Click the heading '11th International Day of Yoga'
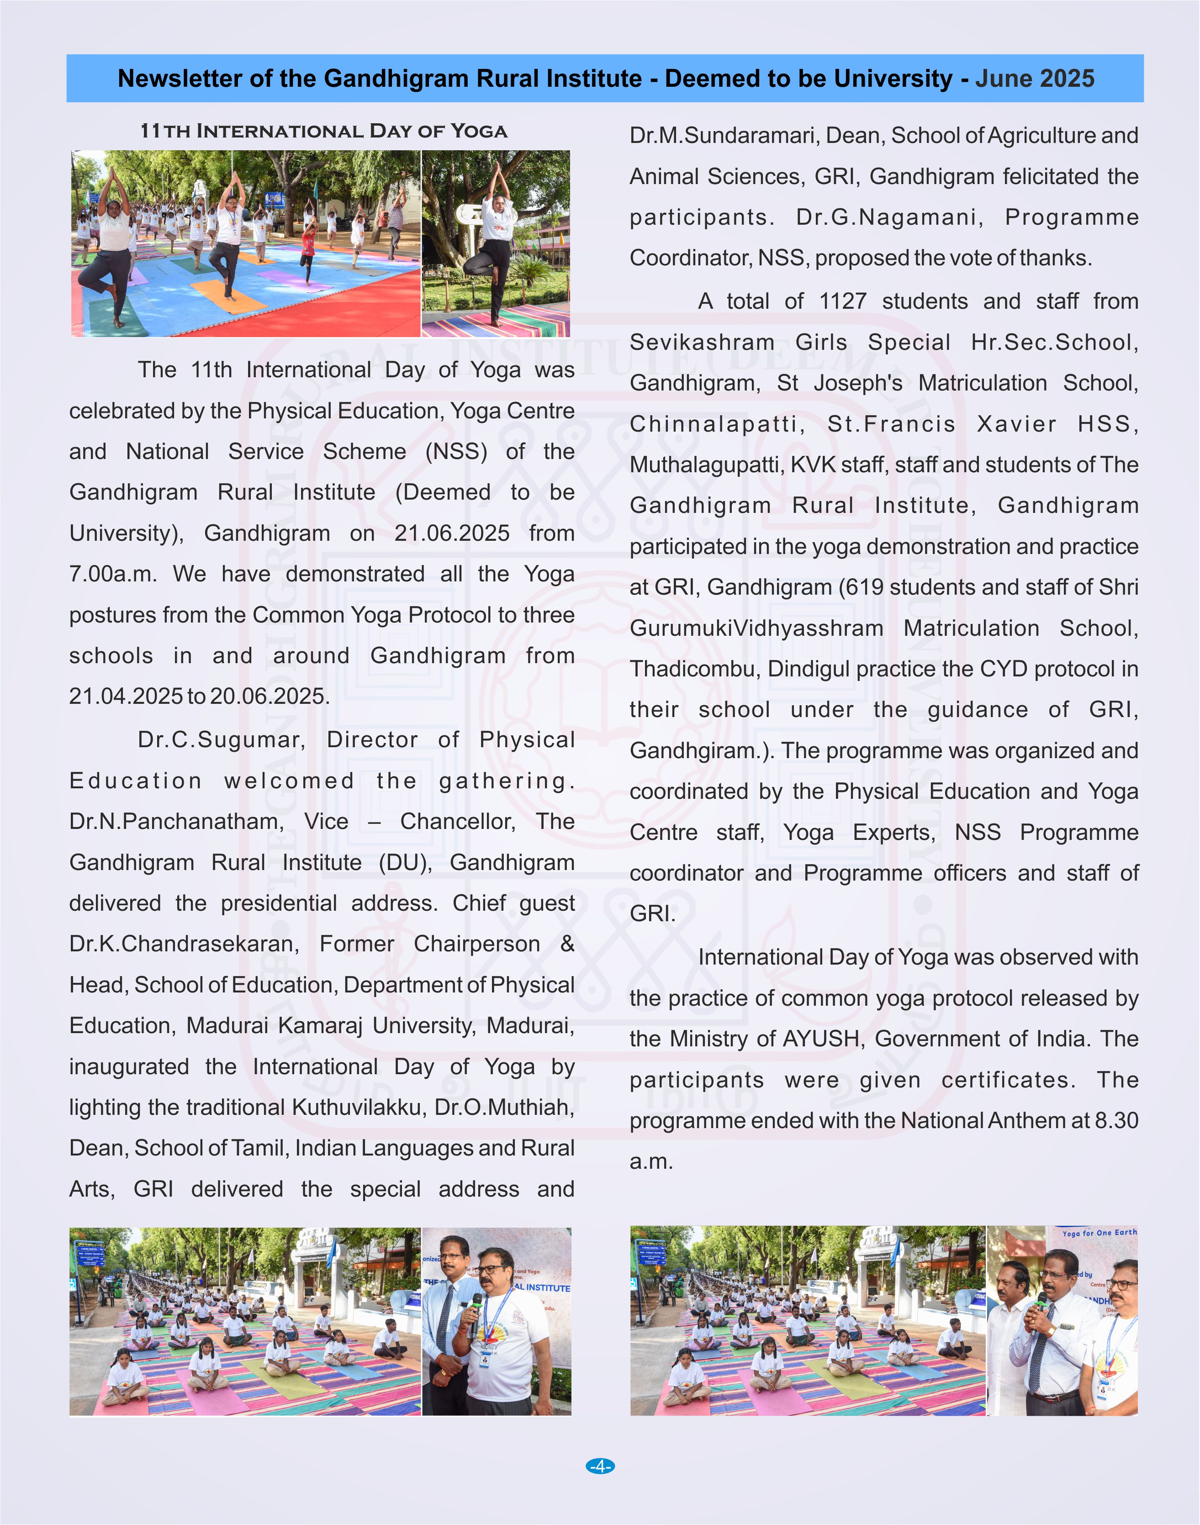pos(323,132)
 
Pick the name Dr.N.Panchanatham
pos(176,821)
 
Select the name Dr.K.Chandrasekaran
pos(183,944)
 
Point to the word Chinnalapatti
pos(717,424)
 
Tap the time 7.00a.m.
pos(112,574)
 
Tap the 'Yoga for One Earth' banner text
pos(1099,1232)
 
